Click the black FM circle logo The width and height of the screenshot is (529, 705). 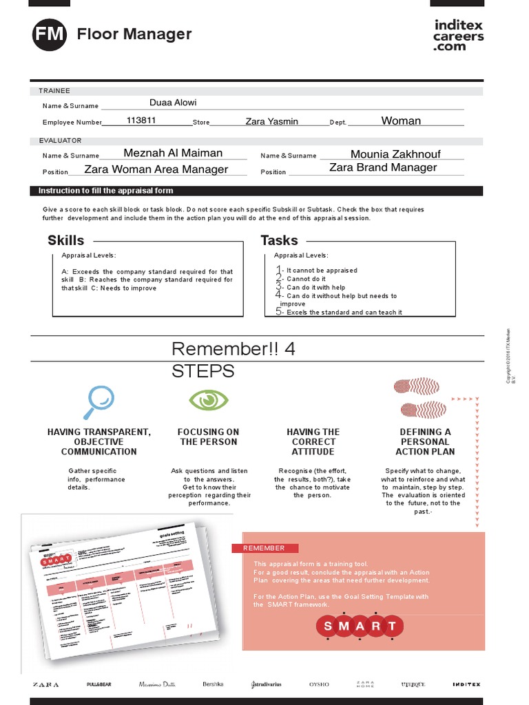tap(49, 34)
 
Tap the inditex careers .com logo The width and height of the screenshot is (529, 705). tap(458, 34)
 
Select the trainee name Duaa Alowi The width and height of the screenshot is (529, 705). tap(173, 103)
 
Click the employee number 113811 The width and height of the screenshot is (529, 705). tap(141, 120)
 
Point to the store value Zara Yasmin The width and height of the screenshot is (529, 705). tap(271, 121)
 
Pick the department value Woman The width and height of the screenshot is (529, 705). tap(401, 120)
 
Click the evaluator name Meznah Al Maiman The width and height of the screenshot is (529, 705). tap(173, 153)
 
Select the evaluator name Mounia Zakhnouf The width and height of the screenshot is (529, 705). tap(395, 154)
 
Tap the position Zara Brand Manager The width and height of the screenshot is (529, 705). tap(383, 167)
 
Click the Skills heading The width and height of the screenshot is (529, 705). tap(66, 240)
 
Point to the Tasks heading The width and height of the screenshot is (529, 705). tap(279, 240)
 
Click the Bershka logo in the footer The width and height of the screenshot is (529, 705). tap(213, 684)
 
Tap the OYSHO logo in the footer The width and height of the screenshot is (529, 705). tap(319, 684)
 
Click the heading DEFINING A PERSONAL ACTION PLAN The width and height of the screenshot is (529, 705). tap(425, 442)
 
